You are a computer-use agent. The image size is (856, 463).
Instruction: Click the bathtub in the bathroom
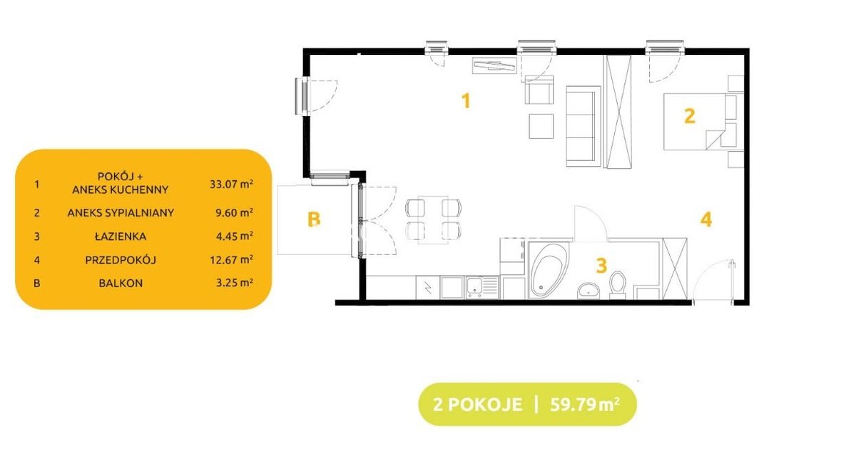click(549, 270)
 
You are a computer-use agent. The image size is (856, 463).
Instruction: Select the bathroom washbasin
click(588, 291)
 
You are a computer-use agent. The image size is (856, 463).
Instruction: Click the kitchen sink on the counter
click(482, 287)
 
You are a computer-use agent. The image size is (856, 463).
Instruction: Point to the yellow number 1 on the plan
click(465, 101)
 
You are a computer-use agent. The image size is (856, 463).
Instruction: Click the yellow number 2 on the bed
click(689, 116)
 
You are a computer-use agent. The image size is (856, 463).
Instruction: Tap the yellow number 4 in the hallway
click(706, 219)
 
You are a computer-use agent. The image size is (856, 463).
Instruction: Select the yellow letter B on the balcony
click(314, 219)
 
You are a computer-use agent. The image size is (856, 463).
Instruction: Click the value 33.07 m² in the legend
click(231, 184)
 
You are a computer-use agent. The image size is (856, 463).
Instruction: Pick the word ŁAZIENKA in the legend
click(121, 236)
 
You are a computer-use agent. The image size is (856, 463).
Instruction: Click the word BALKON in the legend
click(121, 283)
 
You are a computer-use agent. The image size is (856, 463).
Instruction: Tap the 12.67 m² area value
click(231, 260)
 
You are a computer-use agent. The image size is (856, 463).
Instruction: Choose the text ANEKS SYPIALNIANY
click(121, 213)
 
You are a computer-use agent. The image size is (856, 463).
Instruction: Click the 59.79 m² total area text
click(585, 404)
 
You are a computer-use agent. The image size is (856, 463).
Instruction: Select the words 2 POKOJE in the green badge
click(478, 405)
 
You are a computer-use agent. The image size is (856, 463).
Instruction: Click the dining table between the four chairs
click(433, 219)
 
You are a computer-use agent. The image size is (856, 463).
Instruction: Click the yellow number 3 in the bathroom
click(601, 265)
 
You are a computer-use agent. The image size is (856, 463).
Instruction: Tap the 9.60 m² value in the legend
click(234, 213)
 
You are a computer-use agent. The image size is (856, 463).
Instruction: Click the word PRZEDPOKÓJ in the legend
click(121, 260)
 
